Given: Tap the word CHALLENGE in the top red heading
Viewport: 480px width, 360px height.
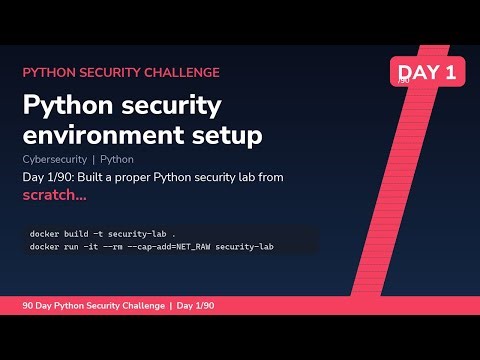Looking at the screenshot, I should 177,73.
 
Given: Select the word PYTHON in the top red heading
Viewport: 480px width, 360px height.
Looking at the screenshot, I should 47,73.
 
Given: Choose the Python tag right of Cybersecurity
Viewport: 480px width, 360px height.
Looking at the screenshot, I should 117,159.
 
